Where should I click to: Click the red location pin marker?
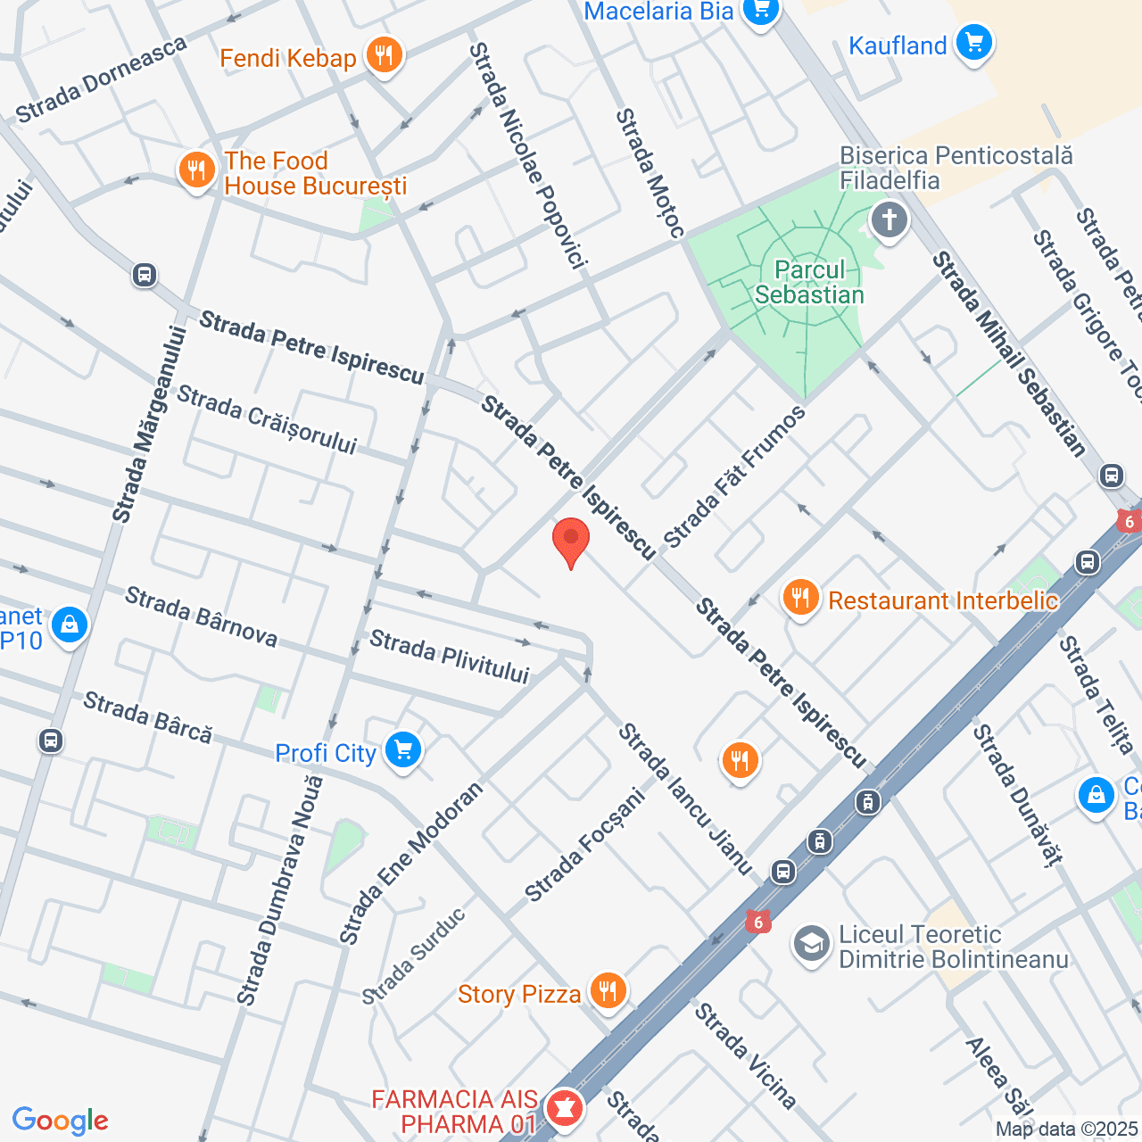click(571, 540)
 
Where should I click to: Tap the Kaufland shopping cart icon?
click(973, 43)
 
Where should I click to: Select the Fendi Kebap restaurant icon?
click(384, 56)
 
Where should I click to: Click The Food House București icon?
click(196, 170)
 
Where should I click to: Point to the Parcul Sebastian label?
click(809, 283)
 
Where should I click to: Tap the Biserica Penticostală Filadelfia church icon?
click(889, 219)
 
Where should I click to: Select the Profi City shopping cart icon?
click(403, 750)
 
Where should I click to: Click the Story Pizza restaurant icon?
click(608, 991)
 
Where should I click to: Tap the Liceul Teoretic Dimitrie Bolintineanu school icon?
click(812, 944)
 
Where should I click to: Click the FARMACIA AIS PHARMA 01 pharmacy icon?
click(563, 1109)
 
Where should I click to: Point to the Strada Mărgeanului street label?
click(150, 425)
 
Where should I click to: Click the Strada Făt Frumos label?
click(734, 477)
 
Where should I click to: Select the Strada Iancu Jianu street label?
click(685, 799)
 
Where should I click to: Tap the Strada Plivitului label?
click(450, 656)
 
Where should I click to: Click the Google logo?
click(61, 1121)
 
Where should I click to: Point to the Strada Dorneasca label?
click(102, 80)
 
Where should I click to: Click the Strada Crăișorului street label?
click(267, 419)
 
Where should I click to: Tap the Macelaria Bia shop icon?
click(760, 11)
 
